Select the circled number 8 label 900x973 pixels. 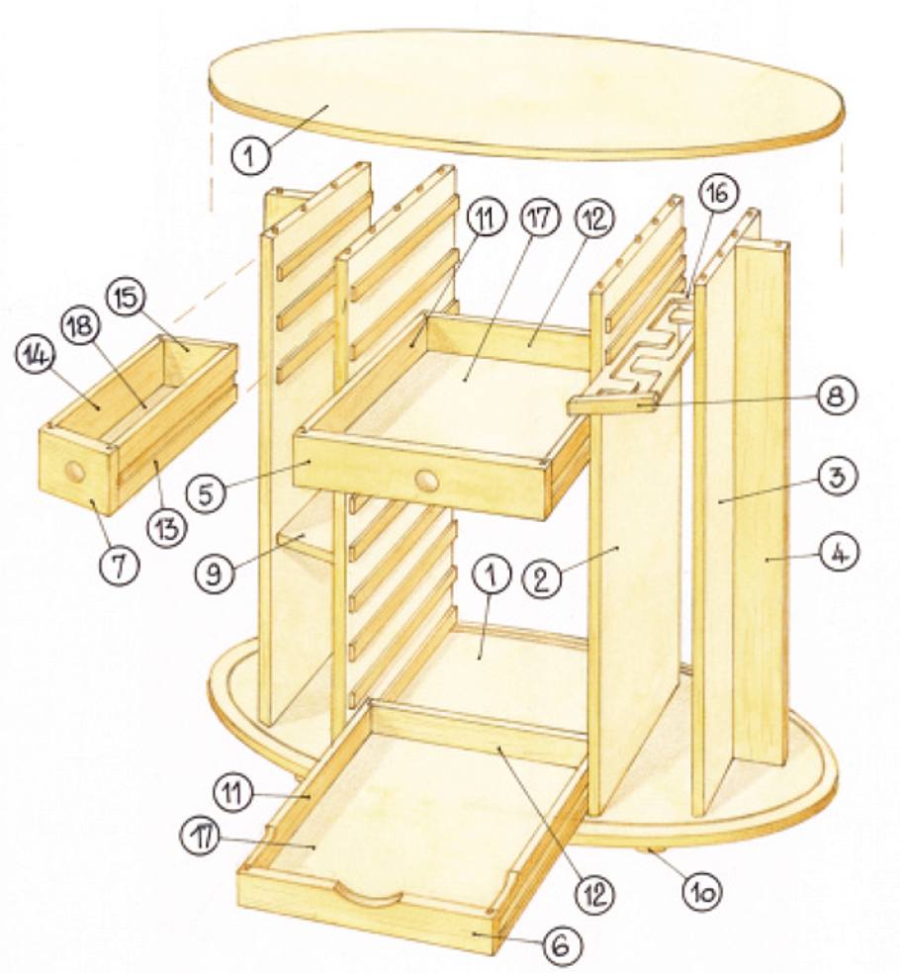pyautogui.click(x=836, y=396)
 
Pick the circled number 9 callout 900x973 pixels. pyautogui.click(x=215, y=574)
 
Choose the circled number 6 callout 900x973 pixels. pyautogui.click(x=563, y=945)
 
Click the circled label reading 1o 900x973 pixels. pyautogui.click(x=704, y=892)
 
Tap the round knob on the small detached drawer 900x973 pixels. pyautogui.click(x=75, y=473)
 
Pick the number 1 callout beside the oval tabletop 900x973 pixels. pyautogui.click(x=250, y=155)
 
